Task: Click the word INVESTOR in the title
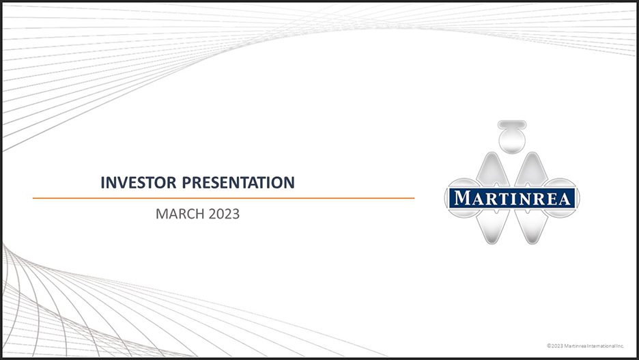pyautogui.click(x=139, y=182)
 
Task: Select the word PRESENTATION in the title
pyautogui.click(x=238, y=182)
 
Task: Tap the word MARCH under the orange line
pyautogui.click(x=180, y=214)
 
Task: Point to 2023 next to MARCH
pyautogui.click(x=224, y=214)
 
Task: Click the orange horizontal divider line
pyautogui.click(x=223, y=198)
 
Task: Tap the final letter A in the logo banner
pyautogui.click(x=565, y=199)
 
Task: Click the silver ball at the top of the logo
pyautogui.click(x=512, y=141)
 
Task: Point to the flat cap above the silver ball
pyautogui.click(x=512, y=124)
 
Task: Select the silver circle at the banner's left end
pyautogui.click(x=453, y=198)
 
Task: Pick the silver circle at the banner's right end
pyautogui.click(x=571, y=198)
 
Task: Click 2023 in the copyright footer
pyautogui.click(x=556, y=346)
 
